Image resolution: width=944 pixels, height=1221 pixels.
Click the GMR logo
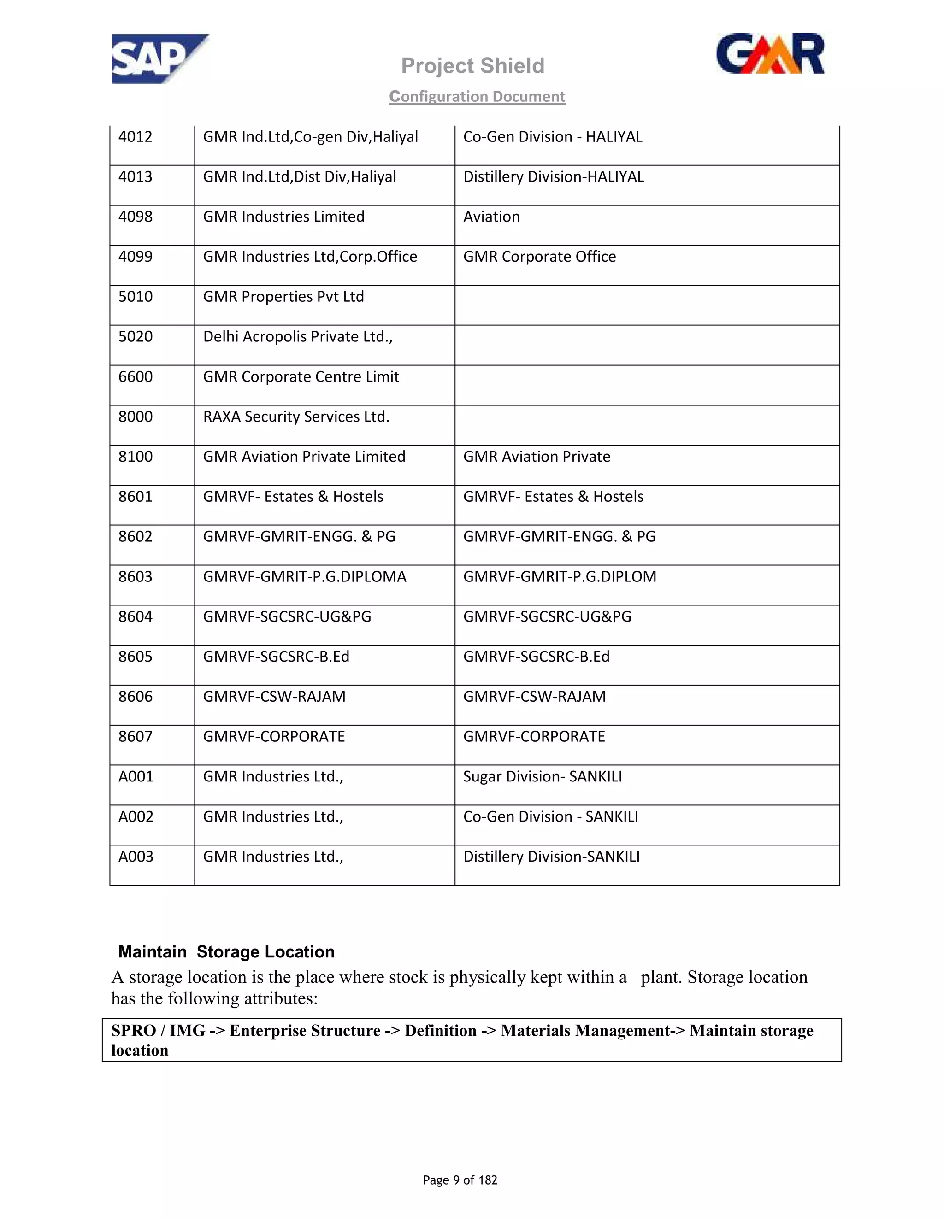pyautogui.click(x=770, y=54)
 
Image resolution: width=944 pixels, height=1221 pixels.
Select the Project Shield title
pyautogui.click(x=472, y=66)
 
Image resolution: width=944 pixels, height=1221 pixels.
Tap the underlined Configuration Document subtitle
pyautogui.click(x=477, y=97)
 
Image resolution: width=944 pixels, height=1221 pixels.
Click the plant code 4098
pyautogui.click(x=136, y=217)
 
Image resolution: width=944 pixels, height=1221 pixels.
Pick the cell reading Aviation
pyautogui.click(x=491, y=217)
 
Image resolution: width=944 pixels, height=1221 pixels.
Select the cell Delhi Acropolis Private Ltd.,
pyautogui.click(x=297, y=336)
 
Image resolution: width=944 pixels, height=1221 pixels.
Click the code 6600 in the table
pyautogui.click(x=136, y=377)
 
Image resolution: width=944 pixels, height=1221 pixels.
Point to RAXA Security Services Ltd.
pyautogui.click(x=296, y=417)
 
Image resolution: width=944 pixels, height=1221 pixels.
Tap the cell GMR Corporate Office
pyautogui.click(x=539, y=257)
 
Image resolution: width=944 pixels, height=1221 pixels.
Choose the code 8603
pyautogui.click(x=136, y=577)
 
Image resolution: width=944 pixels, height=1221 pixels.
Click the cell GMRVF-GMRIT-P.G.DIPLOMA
pyautogui.click(x=304, y=577)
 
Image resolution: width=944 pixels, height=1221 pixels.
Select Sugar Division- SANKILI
pyautogui.click(x=542, y=776)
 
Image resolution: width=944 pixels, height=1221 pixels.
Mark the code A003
pyautogui.click(x=136, y=857)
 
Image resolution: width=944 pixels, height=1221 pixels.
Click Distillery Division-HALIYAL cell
pyautogui.click(x=553, y=176)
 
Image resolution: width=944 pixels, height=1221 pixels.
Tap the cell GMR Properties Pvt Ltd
pyautogui.click(x=283, y=297)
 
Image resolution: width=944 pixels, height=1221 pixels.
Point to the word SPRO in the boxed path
pyautogui.click(x=133, y=1030)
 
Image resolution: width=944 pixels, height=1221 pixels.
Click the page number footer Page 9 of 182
pyautogui.click(x=460, y=1180)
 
